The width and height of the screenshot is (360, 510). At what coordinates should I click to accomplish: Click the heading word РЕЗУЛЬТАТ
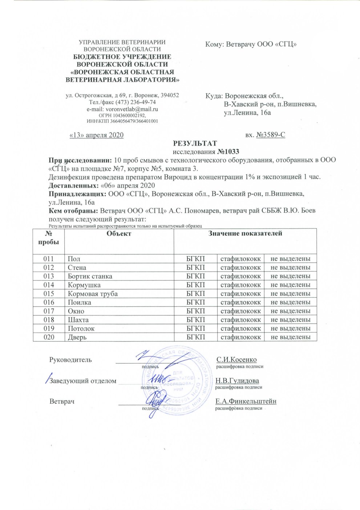click(x=195, y=143)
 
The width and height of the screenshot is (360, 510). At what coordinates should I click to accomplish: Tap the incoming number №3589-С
click(x=270, y=135)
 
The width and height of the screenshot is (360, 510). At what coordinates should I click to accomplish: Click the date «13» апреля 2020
click(x=96, y=135)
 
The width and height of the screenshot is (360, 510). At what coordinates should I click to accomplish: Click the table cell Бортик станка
click(x=90, y=276)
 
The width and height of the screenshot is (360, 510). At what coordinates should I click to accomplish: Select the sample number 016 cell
click(x=49, y=302)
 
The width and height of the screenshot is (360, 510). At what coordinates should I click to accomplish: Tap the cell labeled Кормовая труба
click(x=93, y=294)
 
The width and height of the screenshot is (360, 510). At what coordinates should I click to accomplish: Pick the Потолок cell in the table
click(x=81, y=329)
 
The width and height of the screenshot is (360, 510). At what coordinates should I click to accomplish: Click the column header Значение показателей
click(x=245, y=234)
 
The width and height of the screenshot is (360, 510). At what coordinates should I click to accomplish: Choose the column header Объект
click(x=119, y=234)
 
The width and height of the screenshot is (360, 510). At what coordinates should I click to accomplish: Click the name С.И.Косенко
click(x=236, y=360)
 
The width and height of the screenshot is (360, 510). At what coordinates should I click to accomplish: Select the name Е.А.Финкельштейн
click(x=246, y=401)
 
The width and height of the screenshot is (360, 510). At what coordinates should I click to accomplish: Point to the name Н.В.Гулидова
click(x=237, y=381)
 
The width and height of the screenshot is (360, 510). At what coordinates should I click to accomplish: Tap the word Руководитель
click(x=70, y=360)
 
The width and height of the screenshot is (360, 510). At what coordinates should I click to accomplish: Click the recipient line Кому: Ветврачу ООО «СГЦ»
click(x=251, y=44)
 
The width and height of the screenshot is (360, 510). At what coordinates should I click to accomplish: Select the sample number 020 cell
click(x=49, y=337)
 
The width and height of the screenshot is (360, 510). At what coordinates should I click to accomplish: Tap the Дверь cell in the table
click(x=77, y=337)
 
